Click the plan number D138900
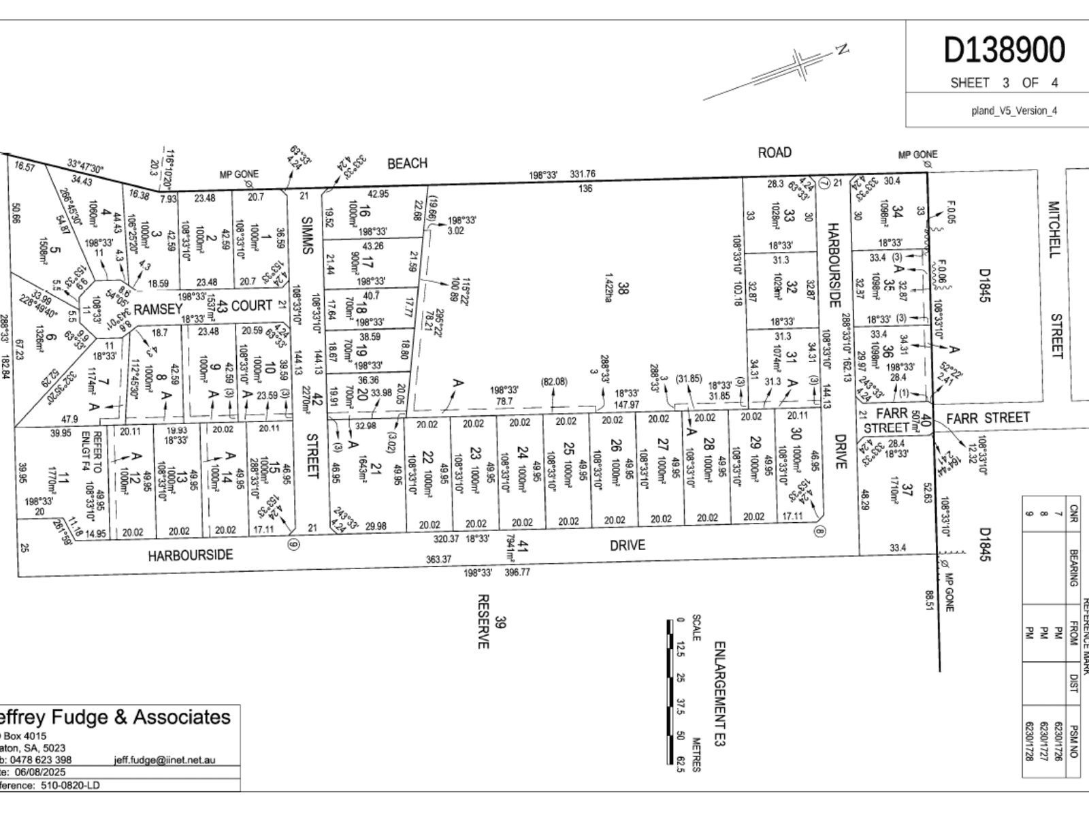(x=1004, y=50)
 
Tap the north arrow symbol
(x=802, y=67)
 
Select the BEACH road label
(x=407, y=163)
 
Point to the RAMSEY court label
(x=158, y=309)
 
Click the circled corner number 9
(x=293, y=545)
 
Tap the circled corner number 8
(x=820, y=532)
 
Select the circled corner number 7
(x=824, y=182)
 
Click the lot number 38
(x=623, y=289)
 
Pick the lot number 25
(x=569, y=449)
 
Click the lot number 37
(x=905, y=490)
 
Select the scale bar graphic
(x=670, y=692)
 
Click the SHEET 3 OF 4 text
(x=1004, y=83)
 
